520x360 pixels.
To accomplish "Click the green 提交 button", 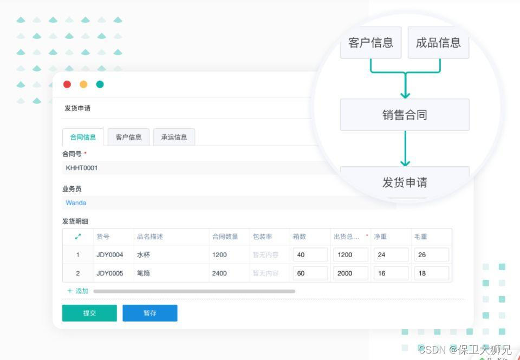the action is pos(89,313).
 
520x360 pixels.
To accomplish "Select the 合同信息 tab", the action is pos(83,137).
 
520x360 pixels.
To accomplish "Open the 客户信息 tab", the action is pos(128,137).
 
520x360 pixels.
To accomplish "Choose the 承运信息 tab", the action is pos(174,137).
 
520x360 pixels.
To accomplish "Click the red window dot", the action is pos(67,84).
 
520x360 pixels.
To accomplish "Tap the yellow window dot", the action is pos(83,84).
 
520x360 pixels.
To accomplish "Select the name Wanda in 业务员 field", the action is pos(76,203).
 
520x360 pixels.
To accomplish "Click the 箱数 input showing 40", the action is pos(310,255).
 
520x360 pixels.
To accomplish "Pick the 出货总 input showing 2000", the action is pos(350,273).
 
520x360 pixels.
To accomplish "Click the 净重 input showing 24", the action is pos(391,255).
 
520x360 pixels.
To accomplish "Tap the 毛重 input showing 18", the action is pos(431,273).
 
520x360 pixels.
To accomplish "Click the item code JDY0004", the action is pos(110,255).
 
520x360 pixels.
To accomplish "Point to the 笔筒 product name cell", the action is pos(144,273).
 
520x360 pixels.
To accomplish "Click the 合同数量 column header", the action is pos(225,237).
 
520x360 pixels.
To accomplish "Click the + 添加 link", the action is pos(77,291).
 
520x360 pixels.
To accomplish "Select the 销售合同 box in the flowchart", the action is pos(405,115).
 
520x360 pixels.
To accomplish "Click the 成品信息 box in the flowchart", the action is pos(438,43).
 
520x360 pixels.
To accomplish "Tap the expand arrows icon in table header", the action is pos(78,237).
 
